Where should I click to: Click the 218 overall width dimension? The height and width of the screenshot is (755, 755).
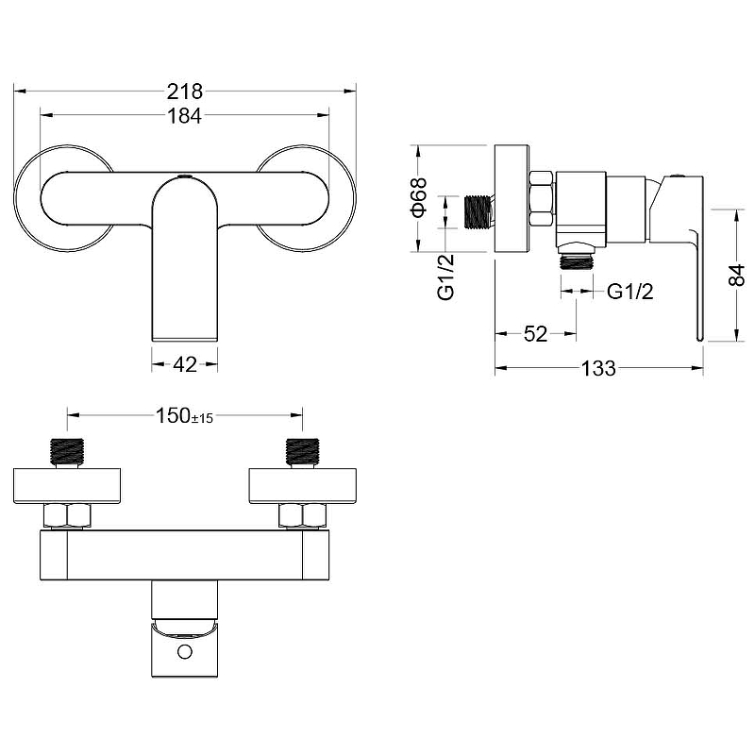[185, 91]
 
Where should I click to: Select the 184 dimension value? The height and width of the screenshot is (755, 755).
[185, 115]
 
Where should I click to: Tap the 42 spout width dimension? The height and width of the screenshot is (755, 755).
[185, 364]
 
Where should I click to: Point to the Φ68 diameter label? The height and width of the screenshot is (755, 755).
[419, 197]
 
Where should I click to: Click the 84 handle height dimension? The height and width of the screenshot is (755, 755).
[737, 275]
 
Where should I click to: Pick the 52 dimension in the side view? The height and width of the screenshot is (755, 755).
[535, 334]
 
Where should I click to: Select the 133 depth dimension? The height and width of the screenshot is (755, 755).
[598, 368]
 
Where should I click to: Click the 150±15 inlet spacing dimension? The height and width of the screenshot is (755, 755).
[184, 415]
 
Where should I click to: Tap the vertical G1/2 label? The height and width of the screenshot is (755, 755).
[445, 277]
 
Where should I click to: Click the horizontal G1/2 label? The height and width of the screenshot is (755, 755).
[629, 292]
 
